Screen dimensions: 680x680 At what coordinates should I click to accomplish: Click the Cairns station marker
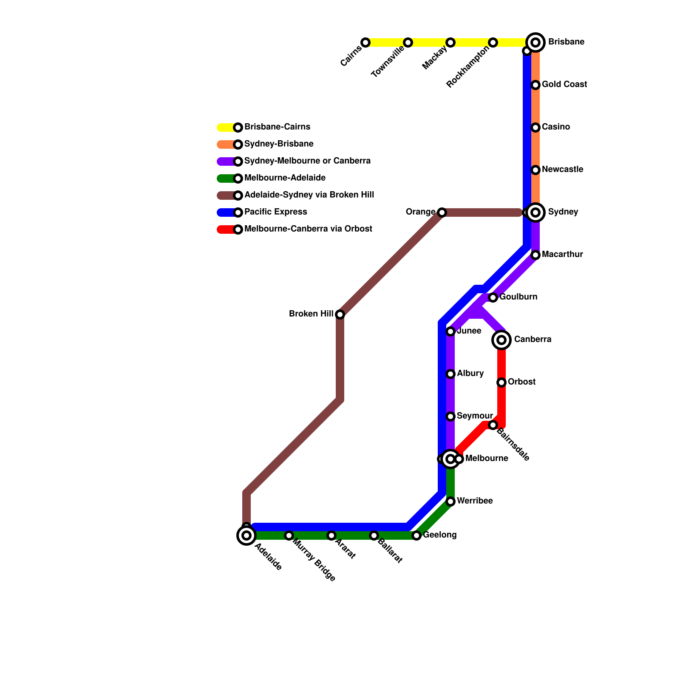[365, 42]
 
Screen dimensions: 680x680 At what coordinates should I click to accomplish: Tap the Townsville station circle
[408, 42]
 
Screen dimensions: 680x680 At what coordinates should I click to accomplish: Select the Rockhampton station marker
[493, 42]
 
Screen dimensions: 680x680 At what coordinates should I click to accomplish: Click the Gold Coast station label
[564, 85]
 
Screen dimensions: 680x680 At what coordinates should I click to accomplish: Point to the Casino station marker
[535, 127]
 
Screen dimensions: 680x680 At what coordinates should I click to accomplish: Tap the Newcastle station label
[562, 170]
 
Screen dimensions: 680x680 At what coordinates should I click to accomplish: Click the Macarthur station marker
[535, 255]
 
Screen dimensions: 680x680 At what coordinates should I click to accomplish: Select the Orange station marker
[442, 212]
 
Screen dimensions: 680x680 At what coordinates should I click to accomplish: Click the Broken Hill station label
[311, 314]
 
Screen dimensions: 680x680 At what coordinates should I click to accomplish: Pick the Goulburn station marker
[493, 297]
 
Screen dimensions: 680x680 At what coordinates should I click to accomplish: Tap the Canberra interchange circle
[501, 340]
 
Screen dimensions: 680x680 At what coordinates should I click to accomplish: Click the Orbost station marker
[501, 382]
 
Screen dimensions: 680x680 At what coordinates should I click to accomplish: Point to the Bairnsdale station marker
[493, 425]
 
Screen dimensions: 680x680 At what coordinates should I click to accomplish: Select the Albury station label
[470, 374]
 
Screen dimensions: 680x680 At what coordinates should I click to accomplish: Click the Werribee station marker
[450, 501]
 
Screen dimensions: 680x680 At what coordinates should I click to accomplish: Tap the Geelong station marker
[416, 535]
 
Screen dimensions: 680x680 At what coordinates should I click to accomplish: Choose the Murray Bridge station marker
[289, 535]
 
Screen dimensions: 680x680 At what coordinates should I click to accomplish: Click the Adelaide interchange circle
[246, 535]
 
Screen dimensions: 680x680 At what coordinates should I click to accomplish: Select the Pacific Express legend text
[275, 212]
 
